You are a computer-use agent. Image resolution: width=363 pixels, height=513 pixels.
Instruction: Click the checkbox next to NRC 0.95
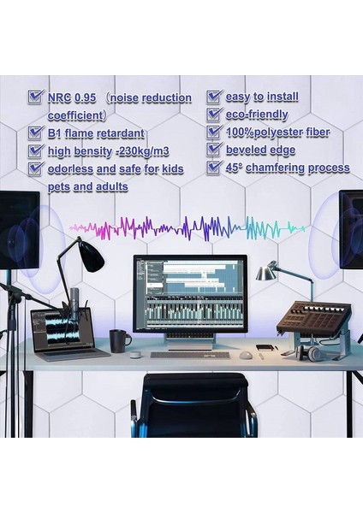[35, 97]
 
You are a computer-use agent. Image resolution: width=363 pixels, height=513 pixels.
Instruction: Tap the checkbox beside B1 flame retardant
[35, 133]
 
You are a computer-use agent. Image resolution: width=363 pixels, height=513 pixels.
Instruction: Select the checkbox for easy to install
[214, 97]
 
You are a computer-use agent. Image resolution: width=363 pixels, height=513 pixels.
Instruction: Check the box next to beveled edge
[214, 150]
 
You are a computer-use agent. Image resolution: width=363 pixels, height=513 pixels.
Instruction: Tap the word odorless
[74, 169]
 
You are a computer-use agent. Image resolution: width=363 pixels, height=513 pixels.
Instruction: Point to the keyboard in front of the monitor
[190, 354]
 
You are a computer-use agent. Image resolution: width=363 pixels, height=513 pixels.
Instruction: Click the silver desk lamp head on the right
[266, 272]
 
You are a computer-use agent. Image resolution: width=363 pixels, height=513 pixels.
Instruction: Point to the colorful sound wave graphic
[188, 227]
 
